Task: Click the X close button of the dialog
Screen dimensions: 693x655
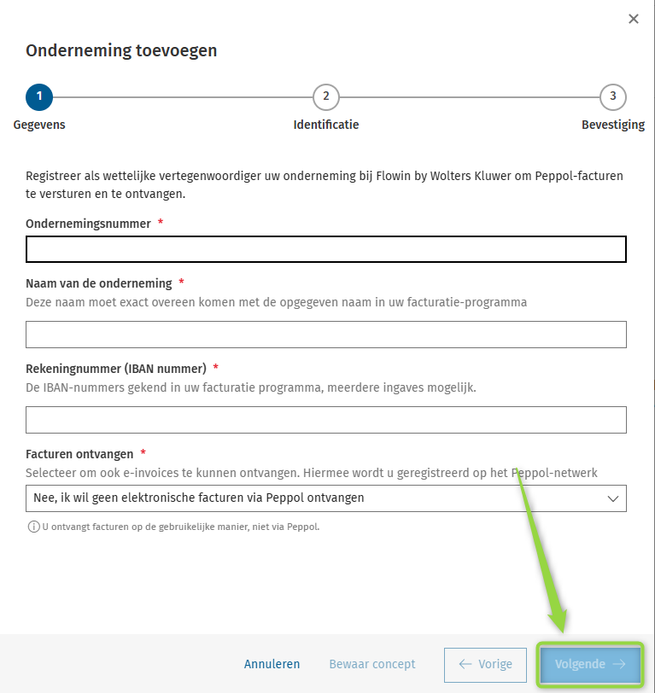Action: (x=634, y=19)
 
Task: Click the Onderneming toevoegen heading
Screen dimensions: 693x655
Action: (x=121, y=50)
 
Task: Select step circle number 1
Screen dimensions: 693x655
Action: (x=39, y=97)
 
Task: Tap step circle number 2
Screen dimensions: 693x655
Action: (x=326, y=97)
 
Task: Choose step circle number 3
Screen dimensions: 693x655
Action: (x=613, y=97)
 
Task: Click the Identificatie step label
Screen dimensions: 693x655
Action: (x=326, y=125)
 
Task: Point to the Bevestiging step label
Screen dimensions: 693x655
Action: (x=612, y=125)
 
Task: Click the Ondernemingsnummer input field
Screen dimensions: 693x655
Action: (x=326, y=249)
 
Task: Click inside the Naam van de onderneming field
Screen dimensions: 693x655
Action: (x=326, y=335)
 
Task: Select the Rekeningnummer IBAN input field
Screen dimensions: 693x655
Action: (x=326, y=420)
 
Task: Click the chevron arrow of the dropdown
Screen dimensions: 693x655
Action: (x=612, y=498)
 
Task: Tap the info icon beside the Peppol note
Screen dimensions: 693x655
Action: (x=33, y=527)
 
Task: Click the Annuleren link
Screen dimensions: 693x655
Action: (x=272, y=664)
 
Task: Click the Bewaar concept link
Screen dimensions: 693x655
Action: (x=372, y=664)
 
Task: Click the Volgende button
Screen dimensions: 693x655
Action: (x=589, y=664)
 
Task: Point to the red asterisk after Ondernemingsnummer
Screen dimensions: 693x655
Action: (x=161, y=223)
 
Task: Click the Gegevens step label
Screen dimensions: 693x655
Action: (x=39, y=125)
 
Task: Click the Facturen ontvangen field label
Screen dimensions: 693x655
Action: (x=79, y=454)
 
